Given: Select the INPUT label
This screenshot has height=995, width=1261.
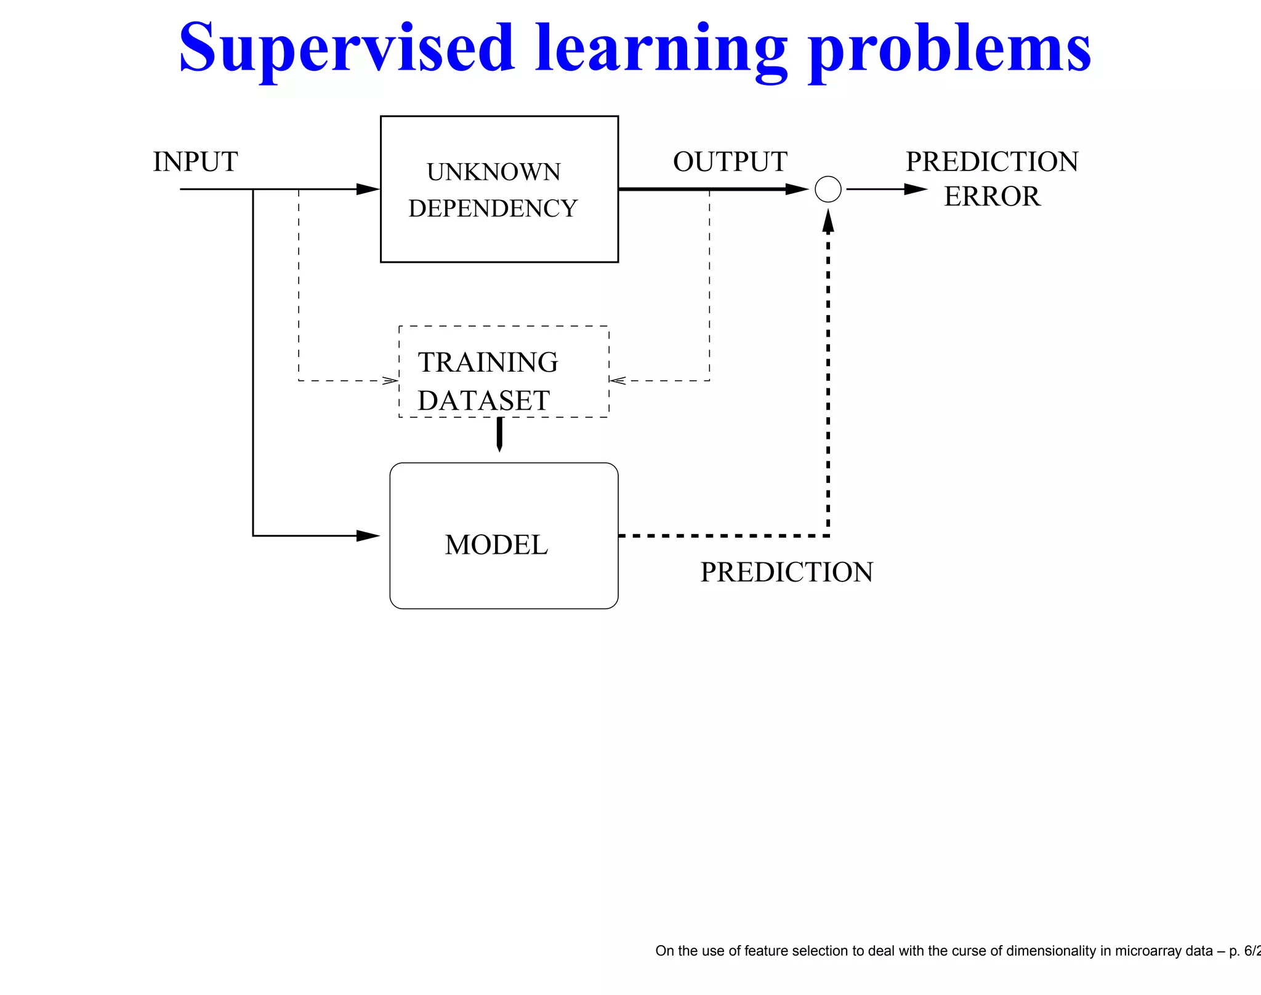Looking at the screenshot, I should pos(195,162).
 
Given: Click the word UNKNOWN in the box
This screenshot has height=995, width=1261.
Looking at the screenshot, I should pos(494,172).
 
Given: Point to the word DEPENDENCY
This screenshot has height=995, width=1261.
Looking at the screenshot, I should pos(493,209).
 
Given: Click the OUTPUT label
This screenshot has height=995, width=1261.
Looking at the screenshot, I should pos(730,162).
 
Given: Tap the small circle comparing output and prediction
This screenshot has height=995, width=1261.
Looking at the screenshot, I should pos(828,190).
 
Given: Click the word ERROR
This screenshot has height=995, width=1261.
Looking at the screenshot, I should pos(992,197).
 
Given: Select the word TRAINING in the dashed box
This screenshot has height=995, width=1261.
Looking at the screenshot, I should pos(488,362).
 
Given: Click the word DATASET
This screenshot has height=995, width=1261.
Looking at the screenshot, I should pos(483,401).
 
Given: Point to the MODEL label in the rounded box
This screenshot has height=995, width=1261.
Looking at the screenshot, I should pos(496,545).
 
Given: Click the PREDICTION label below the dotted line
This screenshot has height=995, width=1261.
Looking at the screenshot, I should pos(786,572).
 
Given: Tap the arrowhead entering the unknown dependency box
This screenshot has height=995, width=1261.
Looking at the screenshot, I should pos(368,190).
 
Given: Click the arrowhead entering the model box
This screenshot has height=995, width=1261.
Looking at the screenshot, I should pos(368,536).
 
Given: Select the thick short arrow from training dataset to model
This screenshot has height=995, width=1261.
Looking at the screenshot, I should pos(499,434).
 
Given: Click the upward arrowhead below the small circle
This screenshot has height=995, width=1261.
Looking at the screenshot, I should pos(828,222).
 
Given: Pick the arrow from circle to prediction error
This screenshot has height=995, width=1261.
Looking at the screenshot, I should pos(887,190).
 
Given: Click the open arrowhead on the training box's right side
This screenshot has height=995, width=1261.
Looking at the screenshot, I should pos(618,380).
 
